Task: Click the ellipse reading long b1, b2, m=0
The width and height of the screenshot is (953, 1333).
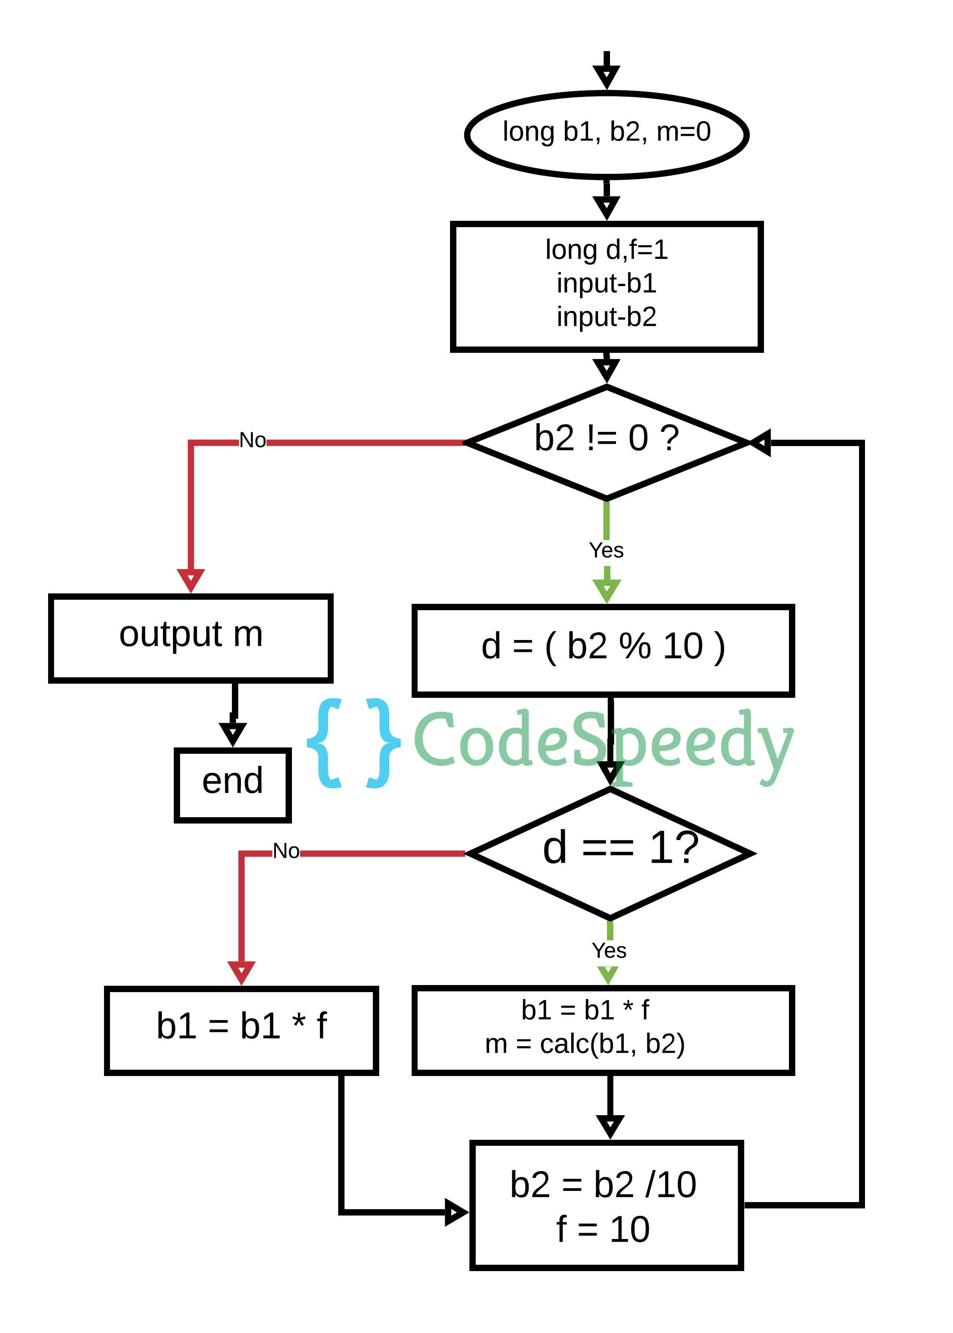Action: click(606, 134)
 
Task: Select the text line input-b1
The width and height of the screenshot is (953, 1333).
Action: click(606, 283)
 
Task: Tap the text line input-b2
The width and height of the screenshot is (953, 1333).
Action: click(606, 317)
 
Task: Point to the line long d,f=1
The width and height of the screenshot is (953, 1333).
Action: click(606, 250)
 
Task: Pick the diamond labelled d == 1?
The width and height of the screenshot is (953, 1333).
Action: click(610, 853)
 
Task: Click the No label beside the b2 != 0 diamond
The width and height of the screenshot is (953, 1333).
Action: click(252, 440)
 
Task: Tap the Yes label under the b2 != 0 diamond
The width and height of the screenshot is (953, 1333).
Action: click(606, 551)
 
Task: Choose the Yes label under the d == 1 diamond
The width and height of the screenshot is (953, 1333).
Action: click(609, 950)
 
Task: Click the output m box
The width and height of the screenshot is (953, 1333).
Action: click(191, 639)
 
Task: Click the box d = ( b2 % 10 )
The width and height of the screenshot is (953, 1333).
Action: click(603, 650)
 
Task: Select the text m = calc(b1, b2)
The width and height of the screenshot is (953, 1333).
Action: click(585, 1044)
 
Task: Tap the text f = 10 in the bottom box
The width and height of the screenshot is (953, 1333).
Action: click(603, 1229)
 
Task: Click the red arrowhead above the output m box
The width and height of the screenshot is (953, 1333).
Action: click(191, 580)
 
